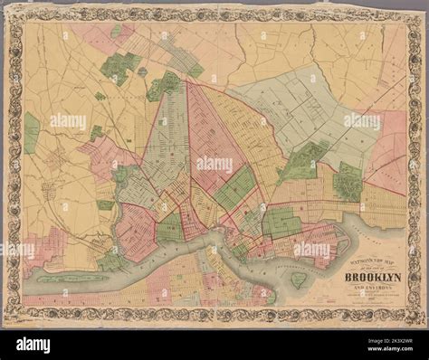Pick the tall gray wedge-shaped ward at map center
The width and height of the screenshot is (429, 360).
pos(167,136)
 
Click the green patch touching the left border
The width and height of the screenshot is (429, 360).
pos(31,131)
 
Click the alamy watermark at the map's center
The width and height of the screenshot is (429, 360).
pos(214,165)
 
